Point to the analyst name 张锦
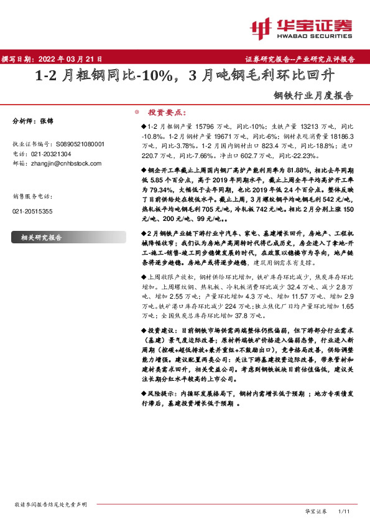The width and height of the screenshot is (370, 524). (48, 121)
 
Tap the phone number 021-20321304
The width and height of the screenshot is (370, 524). (50, 153)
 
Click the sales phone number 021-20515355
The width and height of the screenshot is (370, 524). (33, 212)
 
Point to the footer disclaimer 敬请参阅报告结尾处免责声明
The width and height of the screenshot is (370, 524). (51, 503)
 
